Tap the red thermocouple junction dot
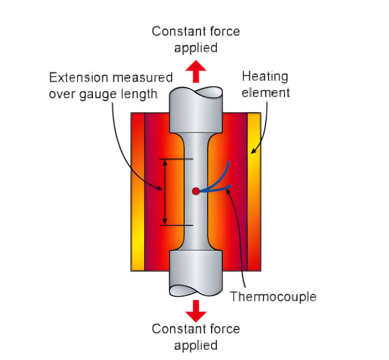click(195, 191)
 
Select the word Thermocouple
click(273, 297)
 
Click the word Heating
click(265, 76)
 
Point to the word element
click(266, 92)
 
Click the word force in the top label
click(224, 31)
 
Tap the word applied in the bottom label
click(196, 345)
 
